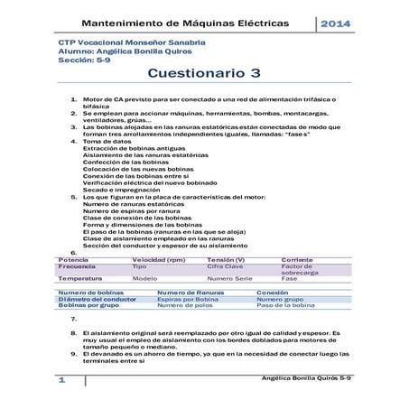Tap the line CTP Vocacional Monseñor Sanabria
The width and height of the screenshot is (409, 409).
(118, 42)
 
